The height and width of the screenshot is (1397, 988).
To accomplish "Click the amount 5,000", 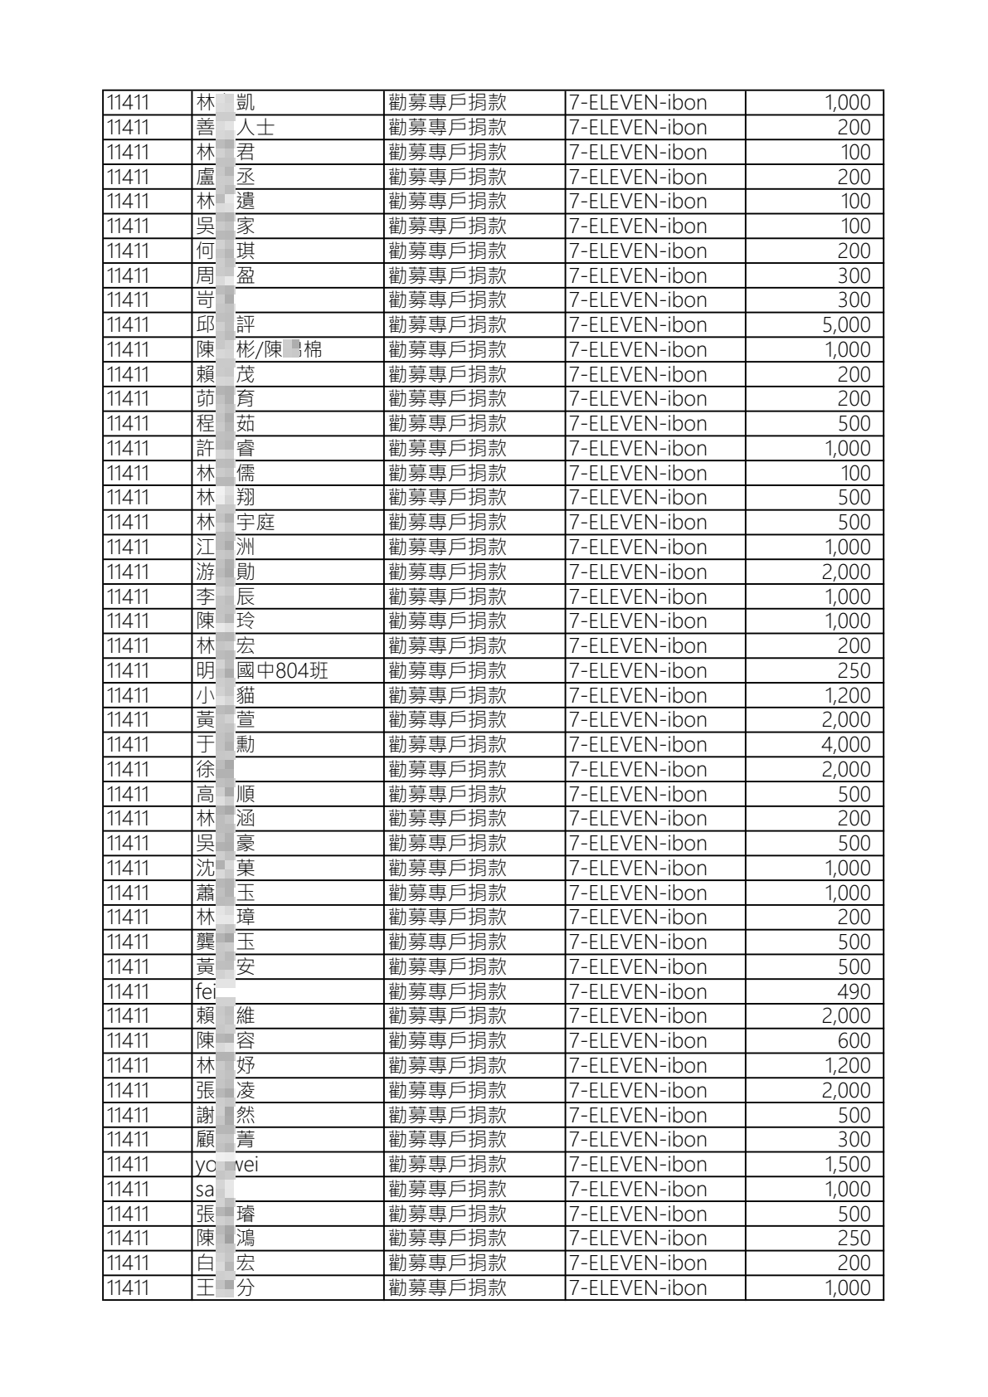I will click(845, 325).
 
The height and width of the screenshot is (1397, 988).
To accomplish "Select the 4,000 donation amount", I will click(845, 745).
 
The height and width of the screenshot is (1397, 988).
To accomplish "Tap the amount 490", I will click(854, 992).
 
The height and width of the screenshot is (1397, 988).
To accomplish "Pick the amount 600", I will click(854, 1041).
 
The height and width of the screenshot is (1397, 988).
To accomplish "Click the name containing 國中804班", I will click(261, 671).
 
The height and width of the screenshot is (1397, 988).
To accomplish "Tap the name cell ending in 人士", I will click(235, 128).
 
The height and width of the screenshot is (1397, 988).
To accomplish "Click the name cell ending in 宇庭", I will click(235, 523).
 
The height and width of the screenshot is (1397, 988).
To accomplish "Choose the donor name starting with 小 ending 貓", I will click(225, 696).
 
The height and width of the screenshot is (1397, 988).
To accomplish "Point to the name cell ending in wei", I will click(226, 1165).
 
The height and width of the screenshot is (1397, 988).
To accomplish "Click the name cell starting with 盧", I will click(225, 177).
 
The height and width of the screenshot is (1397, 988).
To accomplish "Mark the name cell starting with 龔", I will click(225, 942).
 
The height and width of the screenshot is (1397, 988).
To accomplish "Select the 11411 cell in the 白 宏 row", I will click(128, 1263).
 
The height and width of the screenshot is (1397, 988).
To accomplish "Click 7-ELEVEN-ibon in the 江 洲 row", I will click(637, 548).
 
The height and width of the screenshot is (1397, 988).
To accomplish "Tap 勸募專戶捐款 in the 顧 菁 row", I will click(447, 1140).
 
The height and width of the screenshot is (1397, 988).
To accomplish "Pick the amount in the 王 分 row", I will click(847, 1288).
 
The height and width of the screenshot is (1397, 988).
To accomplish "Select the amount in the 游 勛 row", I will click(845, 572).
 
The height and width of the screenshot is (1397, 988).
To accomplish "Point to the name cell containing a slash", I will click(258, 350).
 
